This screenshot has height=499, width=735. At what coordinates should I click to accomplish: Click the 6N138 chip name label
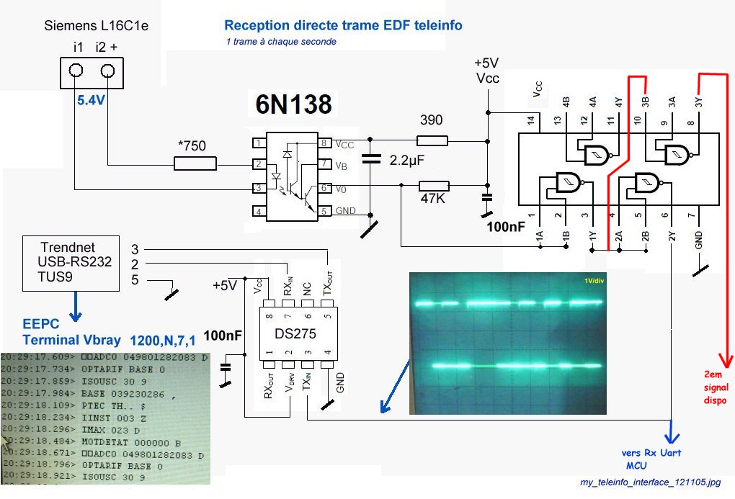(x=293, y=105)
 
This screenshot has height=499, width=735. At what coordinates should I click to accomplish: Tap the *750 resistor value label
(x=191, y=146)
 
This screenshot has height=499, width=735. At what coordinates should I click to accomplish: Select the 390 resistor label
(x=431, y=120)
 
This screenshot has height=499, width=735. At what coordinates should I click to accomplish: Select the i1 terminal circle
(x=76, y=71)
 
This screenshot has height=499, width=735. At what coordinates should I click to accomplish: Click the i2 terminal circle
(x=108, y=71)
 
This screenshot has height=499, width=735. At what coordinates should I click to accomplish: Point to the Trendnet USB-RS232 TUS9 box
(x=71, y=263)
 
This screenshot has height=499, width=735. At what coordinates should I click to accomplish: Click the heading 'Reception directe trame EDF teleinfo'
(x=343, y=26)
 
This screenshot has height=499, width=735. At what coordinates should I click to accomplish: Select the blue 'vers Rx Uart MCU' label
(x=651, y=459)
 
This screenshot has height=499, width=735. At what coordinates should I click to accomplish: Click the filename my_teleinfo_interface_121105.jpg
(x=650, y=482)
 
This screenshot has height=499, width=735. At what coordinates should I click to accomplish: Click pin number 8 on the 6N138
(x=324, y=143)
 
